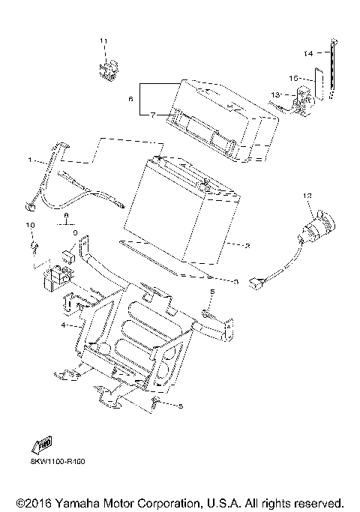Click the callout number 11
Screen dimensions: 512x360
pos(104,40)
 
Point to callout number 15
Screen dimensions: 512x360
pos(295,77)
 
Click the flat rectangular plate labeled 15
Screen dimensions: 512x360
pos(317,85)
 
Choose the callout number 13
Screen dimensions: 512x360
pos(275,94)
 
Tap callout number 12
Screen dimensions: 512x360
pos(306,196)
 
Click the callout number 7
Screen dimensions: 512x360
pos(152,114)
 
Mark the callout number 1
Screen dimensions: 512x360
pos(31,160)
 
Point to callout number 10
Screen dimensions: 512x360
pos(31,225)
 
